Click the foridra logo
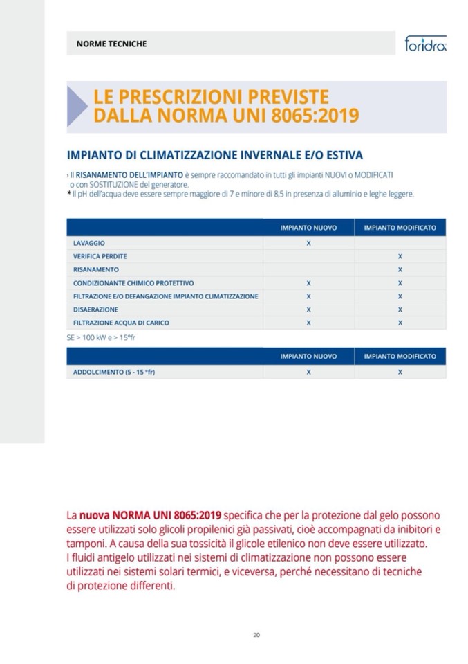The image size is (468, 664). (x=425, y=45)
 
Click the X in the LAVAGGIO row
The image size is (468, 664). (x=308, y=244)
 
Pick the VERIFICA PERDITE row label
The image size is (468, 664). (x=100, y=256)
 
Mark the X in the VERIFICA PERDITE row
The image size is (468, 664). (x=400, y=257)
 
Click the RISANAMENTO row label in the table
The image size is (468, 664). (x=96, y=269)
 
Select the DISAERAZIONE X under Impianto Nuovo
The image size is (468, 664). (x=308, y=309)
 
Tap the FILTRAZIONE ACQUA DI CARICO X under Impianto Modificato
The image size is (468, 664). (x=400, y=323)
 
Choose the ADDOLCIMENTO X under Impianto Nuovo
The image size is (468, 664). (x=308, y=373)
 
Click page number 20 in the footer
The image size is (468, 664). (x=256, y=634)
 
